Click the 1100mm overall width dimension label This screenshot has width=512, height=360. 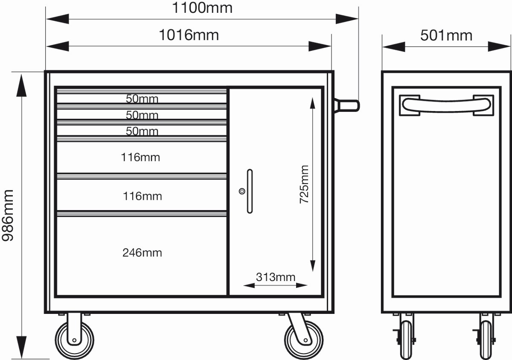[x=202, y=8]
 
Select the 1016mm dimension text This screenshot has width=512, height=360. [x=189, y=35]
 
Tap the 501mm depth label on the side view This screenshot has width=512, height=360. [x=446, y=36]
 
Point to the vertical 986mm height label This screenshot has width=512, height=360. [x=8, y=215]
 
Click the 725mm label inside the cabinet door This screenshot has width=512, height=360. [x=304, y=184]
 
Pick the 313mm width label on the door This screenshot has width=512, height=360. [x=276, y=277]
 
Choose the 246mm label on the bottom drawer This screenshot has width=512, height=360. [x=142, y=253]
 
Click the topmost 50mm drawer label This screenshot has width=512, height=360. [x=142, y=99]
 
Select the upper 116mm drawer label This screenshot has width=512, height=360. [x=140, y=157]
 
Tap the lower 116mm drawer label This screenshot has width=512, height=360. [x=143, y=196]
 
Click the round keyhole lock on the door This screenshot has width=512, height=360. [x=242, y=191]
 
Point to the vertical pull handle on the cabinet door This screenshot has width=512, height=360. [x=250, y=191]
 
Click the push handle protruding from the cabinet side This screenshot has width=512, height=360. [x=347, y=105]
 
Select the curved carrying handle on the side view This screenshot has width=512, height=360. [x=446, y=105]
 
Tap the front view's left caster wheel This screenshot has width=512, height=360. [x=75, y=340]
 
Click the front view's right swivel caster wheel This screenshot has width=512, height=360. [x=304, y=340]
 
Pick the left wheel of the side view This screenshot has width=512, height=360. [x=406, y=340]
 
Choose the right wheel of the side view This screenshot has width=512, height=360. [x=486, y=340]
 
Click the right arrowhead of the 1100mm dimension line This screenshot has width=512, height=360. [x=347, y=19]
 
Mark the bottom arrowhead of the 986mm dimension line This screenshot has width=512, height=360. [x=21, y=347]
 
